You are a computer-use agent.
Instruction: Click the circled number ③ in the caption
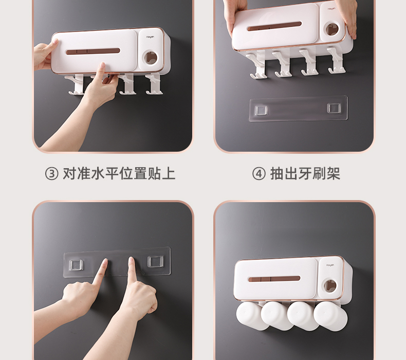51,174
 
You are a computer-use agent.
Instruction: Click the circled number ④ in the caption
259,174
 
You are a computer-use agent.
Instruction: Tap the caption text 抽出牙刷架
305,174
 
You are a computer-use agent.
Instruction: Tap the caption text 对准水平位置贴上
119,174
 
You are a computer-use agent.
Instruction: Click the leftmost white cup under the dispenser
250,316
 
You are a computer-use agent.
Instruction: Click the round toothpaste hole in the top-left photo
151,58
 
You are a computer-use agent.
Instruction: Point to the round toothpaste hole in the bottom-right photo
330,286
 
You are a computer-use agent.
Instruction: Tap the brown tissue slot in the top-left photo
93,51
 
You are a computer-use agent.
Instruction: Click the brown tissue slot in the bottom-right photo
274,279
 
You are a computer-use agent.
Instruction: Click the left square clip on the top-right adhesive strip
261,110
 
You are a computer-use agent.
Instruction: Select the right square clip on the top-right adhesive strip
334,108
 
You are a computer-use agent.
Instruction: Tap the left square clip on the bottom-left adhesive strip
76,265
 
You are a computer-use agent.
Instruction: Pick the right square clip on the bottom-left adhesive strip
155,261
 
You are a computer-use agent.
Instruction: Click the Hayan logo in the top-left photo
150,37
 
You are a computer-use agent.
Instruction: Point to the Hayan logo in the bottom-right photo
330,265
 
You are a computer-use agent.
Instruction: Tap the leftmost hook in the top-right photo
258,64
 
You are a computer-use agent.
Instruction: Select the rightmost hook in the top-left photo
154,84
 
